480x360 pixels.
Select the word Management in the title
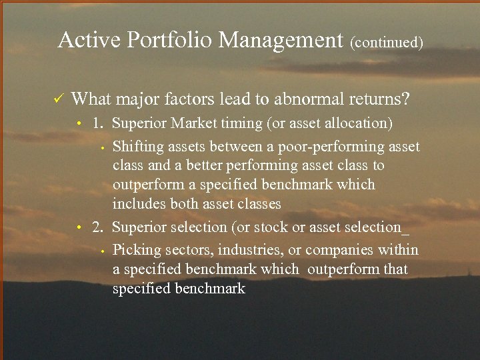point(281,41)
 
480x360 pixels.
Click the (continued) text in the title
point(387,42)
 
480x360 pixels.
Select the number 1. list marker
point(98,123)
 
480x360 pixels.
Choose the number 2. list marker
point(98,227)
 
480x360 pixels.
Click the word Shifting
point(137,146)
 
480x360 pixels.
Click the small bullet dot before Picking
point(103,251)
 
